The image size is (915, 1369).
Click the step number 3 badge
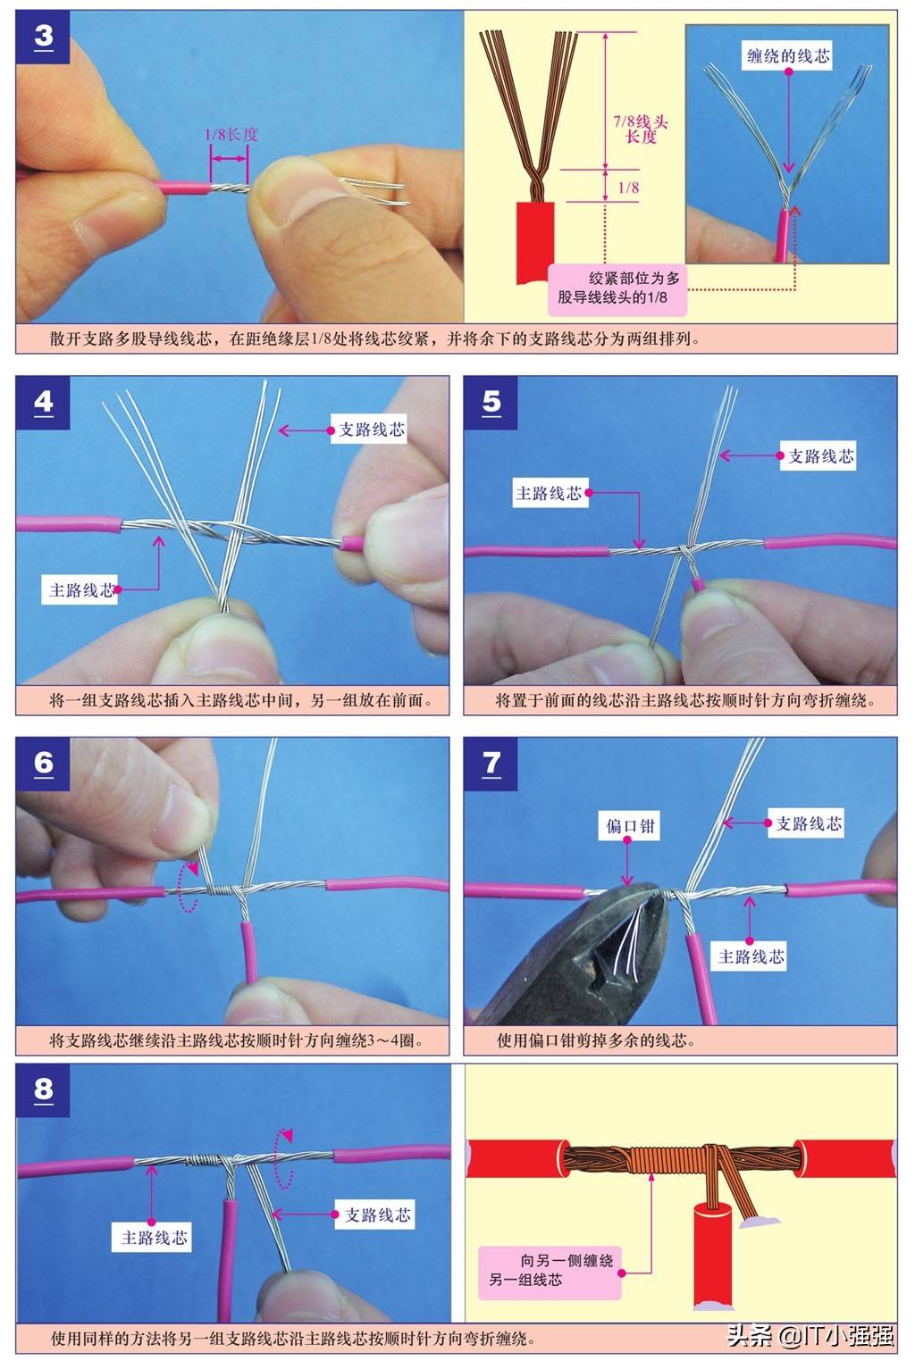(x=43, y=38)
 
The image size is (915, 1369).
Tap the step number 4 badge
(x=43, y=403)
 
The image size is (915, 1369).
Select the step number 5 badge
(x=491, y=403)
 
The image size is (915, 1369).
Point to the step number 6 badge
(x=43, y=764)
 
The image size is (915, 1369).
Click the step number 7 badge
(x=491, y=764)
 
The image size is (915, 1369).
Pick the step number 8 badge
(x=43, y=1090)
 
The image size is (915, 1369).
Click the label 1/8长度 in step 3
(x=231, y=135)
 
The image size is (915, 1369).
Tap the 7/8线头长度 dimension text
(x=640, y=129)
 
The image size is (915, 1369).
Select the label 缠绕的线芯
(x=787, y=56)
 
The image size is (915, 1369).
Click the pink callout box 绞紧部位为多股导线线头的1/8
(x=617, y=288)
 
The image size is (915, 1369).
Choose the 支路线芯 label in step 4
(x=371, y=430)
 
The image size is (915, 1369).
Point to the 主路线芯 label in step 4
(x=81, y=590)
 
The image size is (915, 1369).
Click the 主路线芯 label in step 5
(x=549, y=493)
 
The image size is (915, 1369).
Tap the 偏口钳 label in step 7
(x=630, y=826)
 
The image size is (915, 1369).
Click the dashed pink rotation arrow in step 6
(x=187, y=887)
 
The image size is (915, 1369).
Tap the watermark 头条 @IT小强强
(x=810, y=1335)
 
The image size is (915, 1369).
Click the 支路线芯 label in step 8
(x=377, y=1215)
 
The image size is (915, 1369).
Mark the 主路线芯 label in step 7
(x=751, y=956)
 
